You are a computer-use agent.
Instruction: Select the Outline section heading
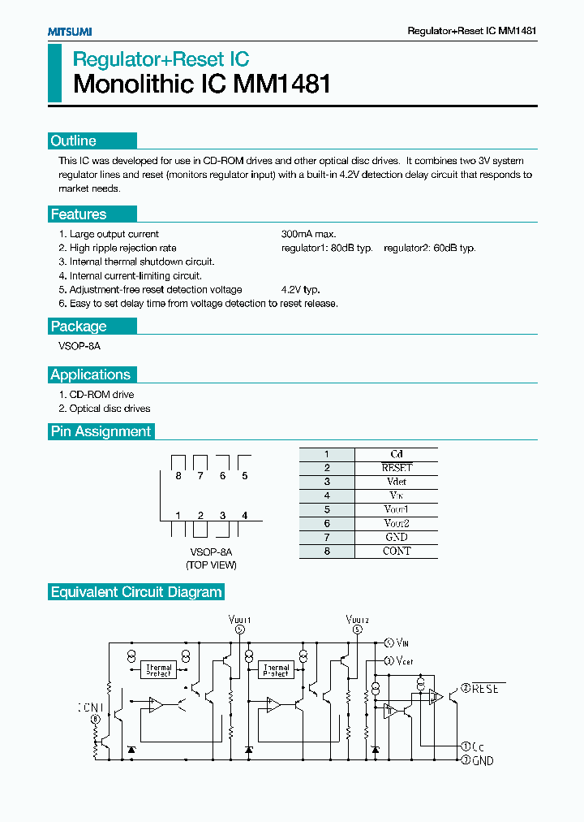tap(74, 141)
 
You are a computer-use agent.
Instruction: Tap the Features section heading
tap(79, 214)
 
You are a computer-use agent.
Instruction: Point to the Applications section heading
tap(91, 374)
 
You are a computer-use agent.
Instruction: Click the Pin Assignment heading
tap(101, 431)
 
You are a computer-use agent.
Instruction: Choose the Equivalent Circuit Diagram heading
tap(136, 592)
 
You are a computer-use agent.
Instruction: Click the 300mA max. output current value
tap(308, 234)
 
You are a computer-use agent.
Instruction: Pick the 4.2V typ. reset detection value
tap(301, 289)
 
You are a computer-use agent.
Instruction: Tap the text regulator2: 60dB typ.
tap(430, 248)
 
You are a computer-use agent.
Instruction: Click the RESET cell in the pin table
tap(397, 468)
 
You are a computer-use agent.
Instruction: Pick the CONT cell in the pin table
tap(397, 551)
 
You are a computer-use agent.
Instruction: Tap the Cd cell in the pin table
tap(397, 454)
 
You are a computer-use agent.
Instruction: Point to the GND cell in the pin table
tap(397, 537)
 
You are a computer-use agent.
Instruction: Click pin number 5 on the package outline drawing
tap(244, 476)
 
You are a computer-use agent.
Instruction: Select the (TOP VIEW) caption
tap(211, 565)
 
